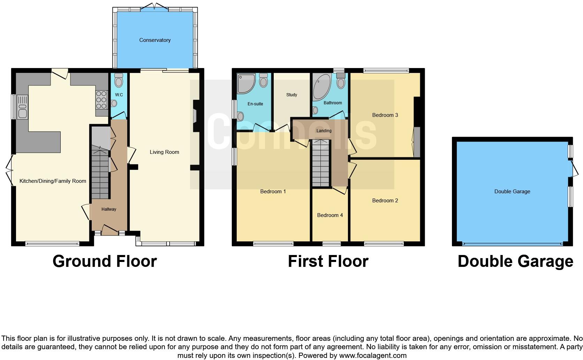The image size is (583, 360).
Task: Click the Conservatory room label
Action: coord(155,40)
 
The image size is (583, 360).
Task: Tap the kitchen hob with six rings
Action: coord(101,100)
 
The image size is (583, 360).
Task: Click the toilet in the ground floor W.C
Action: coord(119,81)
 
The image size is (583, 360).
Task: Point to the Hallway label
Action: coord(109,209)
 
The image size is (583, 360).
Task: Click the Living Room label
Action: coord(164,152)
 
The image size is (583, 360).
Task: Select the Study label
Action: coord(291,95)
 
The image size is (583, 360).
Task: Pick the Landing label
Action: coord(324,131)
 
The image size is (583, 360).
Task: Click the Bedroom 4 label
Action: coord(330,215)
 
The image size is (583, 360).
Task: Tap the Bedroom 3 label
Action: coord(385,115)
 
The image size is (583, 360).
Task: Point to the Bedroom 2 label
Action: coord(385,201)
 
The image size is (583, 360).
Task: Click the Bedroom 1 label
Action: coord(273,192)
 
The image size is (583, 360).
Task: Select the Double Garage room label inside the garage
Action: coord(512,192)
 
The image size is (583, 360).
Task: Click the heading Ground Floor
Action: coord(105,261)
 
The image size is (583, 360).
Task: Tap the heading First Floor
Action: coord(328,261)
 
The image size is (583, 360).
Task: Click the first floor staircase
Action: coord(320,164)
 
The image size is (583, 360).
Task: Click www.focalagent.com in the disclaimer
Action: coord(373,356)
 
